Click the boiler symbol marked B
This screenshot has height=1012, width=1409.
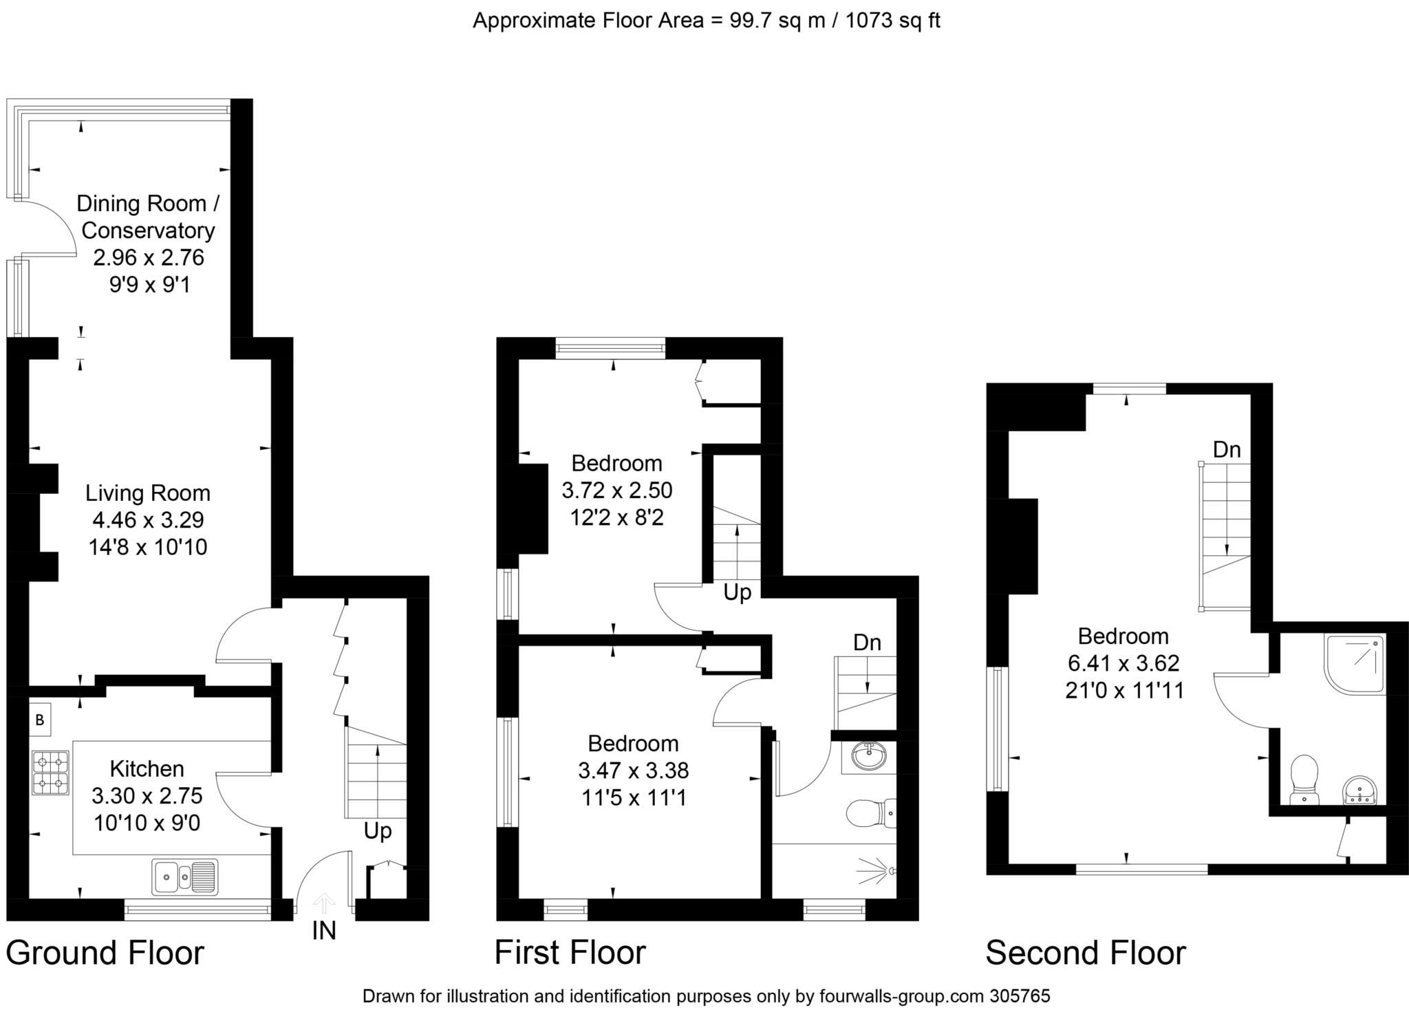click(x=40, y=720)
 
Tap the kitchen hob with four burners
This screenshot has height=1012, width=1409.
click(x=50, y=773)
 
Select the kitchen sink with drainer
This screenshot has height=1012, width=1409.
click(x=185, y=876)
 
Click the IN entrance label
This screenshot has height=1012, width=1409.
click(x=324, y=930)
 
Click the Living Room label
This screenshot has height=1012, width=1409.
click(x=148, y=493)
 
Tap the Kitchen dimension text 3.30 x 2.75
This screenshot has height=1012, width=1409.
click(x=147, y=795)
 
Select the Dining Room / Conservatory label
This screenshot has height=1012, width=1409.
click(x=148, y=217)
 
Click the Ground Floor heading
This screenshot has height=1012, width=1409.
click(x=105, y=953)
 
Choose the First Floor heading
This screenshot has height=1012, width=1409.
click(x=570, y=953)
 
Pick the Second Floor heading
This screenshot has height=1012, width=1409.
click(x=1086, y=953)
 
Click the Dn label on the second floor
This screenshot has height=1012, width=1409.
click(x=1227, y=450)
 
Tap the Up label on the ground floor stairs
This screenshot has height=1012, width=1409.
click(x=378, y=831)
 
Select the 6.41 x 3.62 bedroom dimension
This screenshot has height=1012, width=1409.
click(x=1123, y=663)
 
